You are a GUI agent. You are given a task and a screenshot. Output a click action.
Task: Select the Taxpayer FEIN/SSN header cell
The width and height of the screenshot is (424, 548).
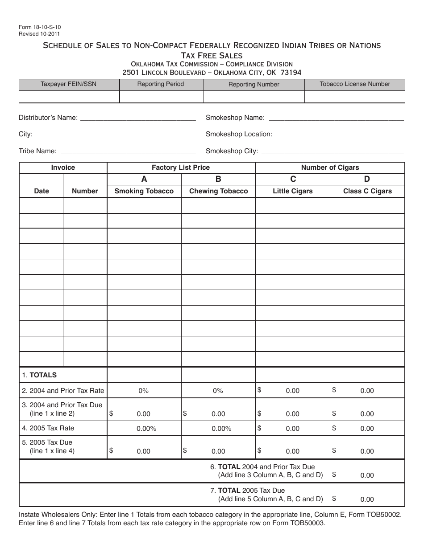pyautogui.click(x=68, y=84)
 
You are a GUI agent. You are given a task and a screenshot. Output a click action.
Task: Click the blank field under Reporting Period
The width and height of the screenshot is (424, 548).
pyautogui.click(x=161, y=97)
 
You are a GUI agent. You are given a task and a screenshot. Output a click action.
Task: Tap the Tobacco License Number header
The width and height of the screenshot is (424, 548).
pyautogui.click(x=354, y=84)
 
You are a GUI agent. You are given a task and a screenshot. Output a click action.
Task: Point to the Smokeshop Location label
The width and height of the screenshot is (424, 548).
pyautogui.click(x=239, y=134)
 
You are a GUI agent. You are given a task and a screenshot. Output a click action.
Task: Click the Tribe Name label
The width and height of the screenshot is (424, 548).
pyautogui.click(x=37, y=151)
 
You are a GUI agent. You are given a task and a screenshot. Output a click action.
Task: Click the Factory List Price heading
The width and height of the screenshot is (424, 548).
pyautogui.click(x=180, y=168)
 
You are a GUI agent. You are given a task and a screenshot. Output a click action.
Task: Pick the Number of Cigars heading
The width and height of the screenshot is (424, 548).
pyautogui.click(x=330, y=168)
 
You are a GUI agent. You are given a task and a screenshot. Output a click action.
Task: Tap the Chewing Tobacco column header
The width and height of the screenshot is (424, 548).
pyautogui.click(x=218, y=191)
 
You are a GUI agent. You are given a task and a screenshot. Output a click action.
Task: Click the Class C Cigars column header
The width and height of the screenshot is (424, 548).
pyautogui.click(x=367, y=191)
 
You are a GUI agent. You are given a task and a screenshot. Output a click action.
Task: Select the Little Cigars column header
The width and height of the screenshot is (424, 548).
pyautogui.click(x=292, y=191)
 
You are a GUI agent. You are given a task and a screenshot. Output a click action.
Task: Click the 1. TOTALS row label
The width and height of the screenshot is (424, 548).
pyautogui.click(x=39, y=375)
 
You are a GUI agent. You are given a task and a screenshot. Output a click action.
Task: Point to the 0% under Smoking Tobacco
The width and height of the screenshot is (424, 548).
pyautogui.click(x=143, y=391)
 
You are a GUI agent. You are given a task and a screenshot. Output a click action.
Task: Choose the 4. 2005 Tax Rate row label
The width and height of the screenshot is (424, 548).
pyautogui.click(x=48, y=428)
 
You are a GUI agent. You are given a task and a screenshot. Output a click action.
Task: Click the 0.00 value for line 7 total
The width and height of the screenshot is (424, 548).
pyautogui.click(x=367, y=499)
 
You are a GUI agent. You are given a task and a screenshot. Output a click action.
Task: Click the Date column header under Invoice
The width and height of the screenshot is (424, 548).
pyautogui.click(x=42, y=191)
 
